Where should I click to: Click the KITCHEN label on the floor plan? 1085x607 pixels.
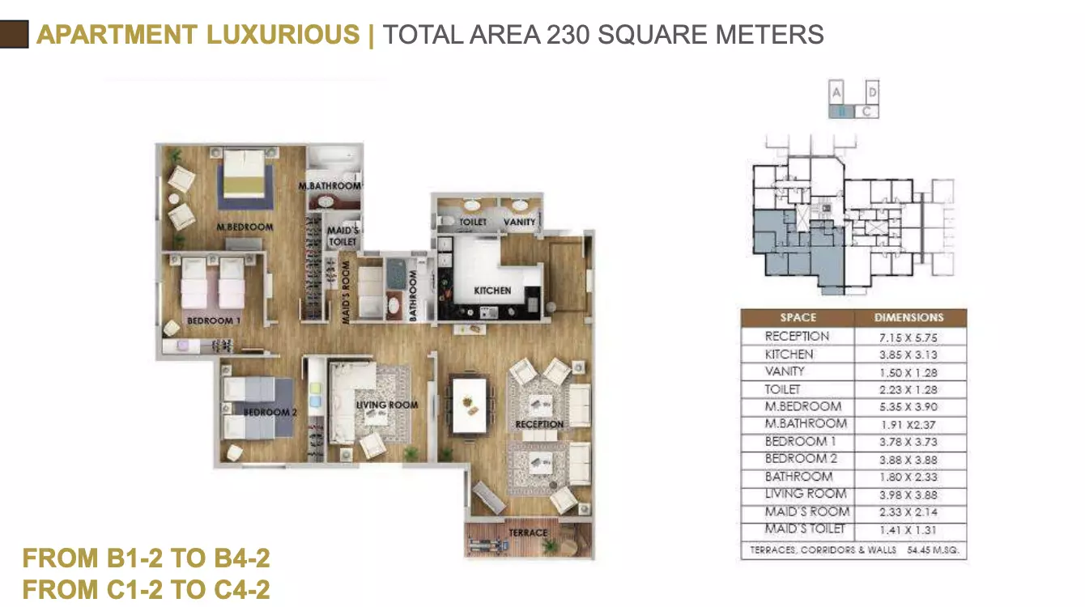(x=492, y=291)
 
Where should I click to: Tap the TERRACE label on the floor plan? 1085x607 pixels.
(x=528, y=533)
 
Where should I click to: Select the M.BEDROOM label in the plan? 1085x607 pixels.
(x=245, y=227)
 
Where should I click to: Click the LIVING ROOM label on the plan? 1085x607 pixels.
(x=387, y=405)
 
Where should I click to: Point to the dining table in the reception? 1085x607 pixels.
(x=470, y=406)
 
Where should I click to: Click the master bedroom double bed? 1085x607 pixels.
(x=245, y=177)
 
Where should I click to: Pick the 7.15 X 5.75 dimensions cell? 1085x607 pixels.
(x=908, y=337)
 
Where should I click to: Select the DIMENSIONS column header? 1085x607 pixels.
(x=909, y=317)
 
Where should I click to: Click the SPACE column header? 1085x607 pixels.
(x=798, y=317)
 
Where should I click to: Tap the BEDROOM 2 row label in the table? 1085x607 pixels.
(x=801, y=458)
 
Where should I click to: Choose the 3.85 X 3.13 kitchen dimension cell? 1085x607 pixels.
(x=908, y=354)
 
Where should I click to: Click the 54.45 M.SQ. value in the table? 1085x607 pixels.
(x=933, y=550)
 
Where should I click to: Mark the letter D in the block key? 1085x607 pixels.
(x=872, y=92)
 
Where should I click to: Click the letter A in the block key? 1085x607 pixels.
(x=836, y=92)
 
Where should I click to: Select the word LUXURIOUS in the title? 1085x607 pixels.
(x=283, y=34)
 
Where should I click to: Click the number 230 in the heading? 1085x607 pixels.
(x=568, y=35)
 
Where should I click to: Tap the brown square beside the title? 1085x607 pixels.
(x=14, y=34)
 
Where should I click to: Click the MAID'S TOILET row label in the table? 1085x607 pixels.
(x=805, y=529)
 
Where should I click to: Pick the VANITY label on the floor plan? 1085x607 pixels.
(x=519, y=222)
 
